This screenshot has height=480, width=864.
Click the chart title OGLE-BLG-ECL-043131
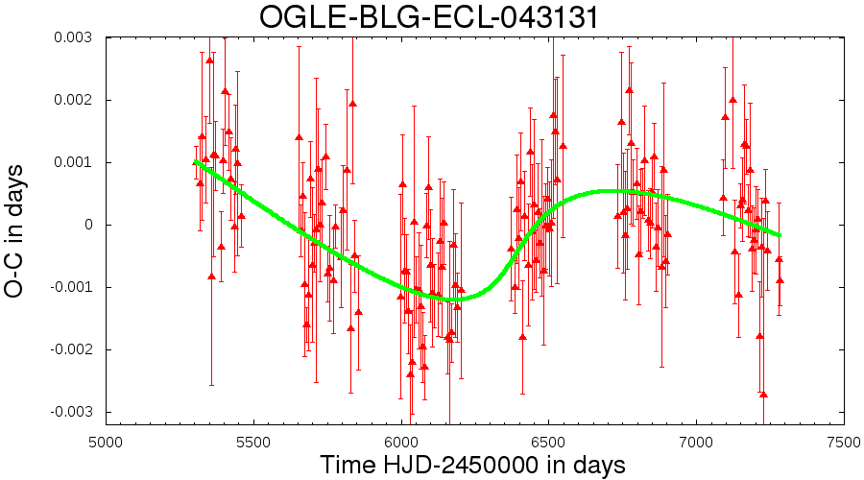click(429, 16)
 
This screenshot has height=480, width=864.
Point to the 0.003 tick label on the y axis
click(73, 37)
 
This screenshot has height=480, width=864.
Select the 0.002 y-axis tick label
click(73, 100)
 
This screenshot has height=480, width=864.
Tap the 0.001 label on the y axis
click(73, 162)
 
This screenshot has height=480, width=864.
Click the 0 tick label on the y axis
click(87, 225)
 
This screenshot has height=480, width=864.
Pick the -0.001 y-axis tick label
click(70, 287)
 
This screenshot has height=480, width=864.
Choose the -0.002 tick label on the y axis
click(70, 350)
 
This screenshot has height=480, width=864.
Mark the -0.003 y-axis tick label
click(70, 412)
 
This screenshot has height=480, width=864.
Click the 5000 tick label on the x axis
click(106, 443)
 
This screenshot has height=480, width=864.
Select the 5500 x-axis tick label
click(253, 443)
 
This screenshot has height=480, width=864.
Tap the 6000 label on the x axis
click(401, 443)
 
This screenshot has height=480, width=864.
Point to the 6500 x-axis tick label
click(549, 443)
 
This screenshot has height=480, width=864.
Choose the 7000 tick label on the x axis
click(697, 443)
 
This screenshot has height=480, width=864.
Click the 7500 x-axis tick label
click(844, 443)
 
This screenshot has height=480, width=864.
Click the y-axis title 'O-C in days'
click(13, 231)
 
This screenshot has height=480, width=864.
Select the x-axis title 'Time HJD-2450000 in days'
click(472, 466)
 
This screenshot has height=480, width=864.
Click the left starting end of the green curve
click(196, 161)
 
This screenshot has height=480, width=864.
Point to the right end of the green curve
click(780, 235)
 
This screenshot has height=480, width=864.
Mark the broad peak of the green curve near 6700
click(606, 191)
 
